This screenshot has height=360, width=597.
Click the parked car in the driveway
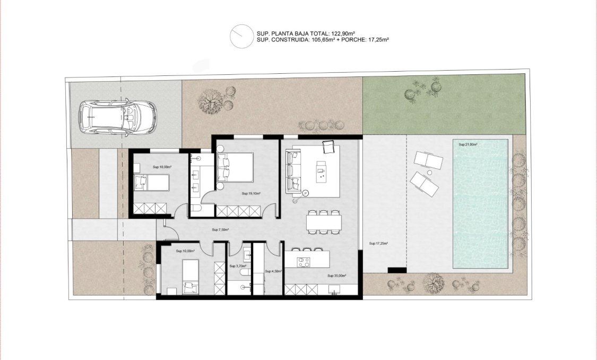(117, 117)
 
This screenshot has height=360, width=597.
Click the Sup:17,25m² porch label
(378, 244)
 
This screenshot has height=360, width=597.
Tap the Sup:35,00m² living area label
(337, 276)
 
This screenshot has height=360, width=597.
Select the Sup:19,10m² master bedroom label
(250, 194)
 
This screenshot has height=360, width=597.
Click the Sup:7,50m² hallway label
(220, 230)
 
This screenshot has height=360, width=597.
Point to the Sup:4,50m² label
(273, 270)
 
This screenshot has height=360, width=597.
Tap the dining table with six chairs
(324, 222)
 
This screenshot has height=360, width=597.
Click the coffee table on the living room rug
(320, 168)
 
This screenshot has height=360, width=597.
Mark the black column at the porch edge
(396, 270)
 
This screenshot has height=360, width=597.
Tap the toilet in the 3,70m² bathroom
(243, 272)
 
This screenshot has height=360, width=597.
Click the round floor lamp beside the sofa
(296, 200)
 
